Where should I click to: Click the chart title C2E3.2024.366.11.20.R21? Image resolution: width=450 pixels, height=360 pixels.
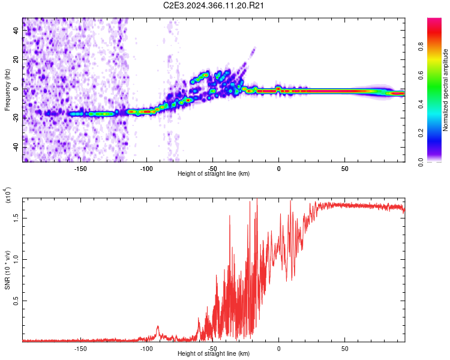[214, 5]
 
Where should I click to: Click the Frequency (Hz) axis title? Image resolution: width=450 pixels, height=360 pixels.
[7, 90]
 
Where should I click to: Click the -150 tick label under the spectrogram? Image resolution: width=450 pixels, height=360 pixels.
[80, 169]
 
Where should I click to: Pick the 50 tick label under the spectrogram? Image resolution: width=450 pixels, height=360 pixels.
[344, 169]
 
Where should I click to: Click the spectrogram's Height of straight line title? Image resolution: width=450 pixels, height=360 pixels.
[214, 175]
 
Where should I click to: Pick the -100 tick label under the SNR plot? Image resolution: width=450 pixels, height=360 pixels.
[146, 348]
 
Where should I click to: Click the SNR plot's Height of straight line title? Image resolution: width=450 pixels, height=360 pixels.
[214, 354]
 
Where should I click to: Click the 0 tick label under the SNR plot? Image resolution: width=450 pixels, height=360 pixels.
[278, 348]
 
